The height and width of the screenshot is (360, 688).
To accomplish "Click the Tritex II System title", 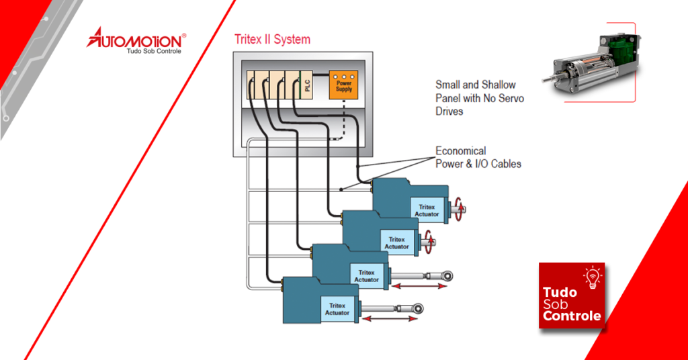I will tap(272, 39).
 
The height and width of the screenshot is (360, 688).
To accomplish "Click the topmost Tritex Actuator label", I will tap(427, 210).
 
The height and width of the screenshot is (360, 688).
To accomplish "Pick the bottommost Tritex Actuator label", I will tap(337, 309).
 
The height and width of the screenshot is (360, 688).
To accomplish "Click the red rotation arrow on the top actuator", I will tap(458, 207).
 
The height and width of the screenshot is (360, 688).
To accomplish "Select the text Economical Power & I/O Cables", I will tap(478, 157).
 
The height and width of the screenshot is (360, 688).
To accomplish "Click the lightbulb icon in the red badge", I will tap(592, 278).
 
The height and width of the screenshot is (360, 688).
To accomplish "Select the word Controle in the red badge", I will tap(572, 316).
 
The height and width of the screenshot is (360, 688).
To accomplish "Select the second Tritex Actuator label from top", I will tap(396, 243).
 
